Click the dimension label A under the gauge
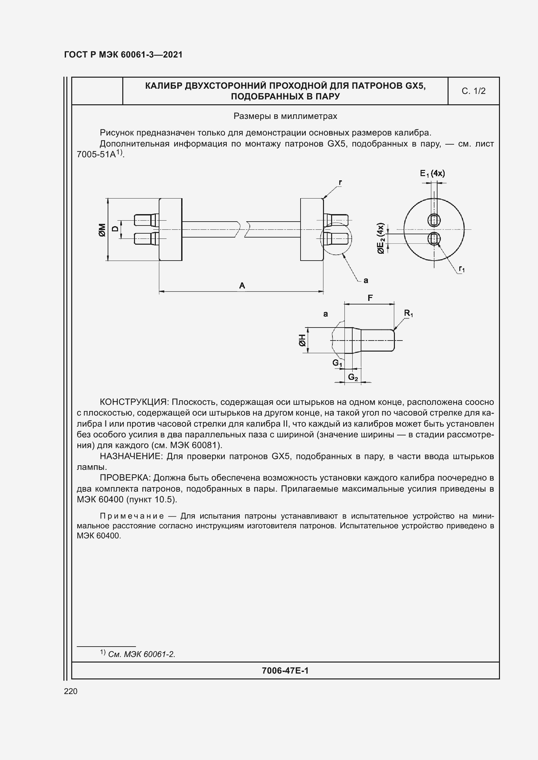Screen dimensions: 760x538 (x=242, y=285)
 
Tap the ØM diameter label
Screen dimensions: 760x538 (x=102, y=230)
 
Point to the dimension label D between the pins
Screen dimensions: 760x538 (x=114, y=229)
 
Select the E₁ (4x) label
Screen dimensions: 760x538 (x=432, y=174)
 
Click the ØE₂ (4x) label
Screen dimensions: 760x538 (x=381, y=238)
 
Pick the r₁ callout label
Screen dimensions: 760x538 (x=462, y=269)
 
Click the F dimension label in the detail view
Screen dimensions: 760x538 (x=370, y=298)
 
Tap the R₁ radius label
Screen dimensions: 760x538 (x=408, y=313)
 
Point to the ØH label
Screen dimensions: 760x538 (x=302, y=340)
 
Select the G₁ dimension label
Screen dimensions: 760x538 (x=337, y=363)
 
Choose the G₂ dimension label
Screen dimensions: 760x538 (x=353, y=377)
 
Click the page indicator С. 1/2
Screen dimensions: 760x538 (x=473, y=91)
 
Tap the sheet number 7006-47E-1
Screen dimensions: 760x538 (x=285, y=670)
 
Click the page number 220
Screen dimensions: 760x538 (x=71, y=691)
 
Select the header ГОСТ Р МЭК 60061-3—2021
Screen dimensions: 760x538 (x=123, y=55)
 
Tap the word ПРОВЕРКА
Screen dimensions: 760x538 (x=125, y=478)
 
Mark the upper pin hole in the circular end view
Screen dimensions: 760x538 (x=434, y=219)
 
